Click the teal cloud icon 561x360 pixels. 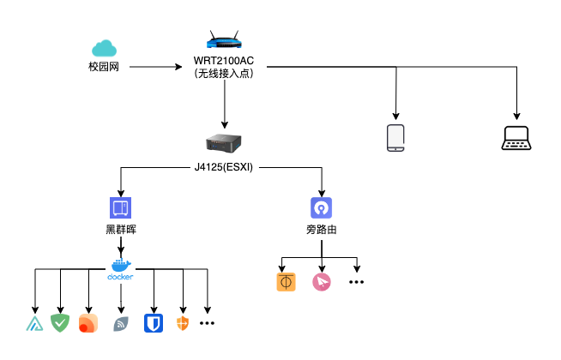point(104,48)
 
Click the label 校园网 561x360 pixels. point(104,67)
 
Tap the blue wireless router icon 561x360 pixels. point(224,40)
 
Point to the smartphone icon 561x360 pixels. point(395,138)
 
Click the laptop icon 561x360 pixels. point(518,138)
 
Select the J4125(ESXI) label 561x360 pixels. point(224,166)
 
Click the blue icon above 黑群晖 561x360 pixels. point(120,207)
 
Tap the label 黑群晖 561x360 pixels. point(120,230)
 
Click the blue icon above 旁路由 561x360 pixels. point(321,207)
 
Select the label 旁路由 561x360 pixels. point(321,230)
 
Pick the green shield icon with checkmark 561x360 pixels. point(60,323)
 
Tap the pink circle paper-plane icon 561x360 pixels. point(322,282)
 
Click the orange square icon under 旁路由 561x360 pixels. point(286,282)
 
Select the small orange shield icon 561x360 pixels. point(181,323)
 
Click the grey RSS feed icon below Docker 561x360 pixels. point(121,323)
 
